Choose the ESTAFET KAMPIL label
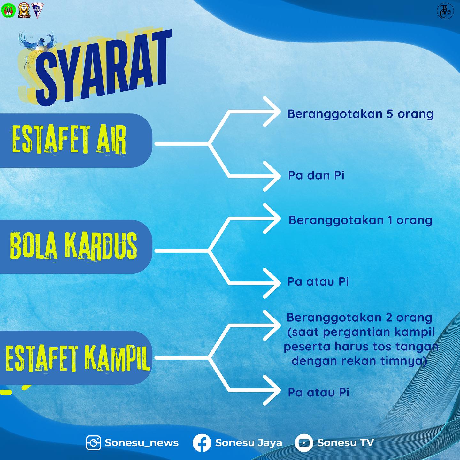(78, 357)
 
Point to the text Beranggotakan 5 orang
(360, 114)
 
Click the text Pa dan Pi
(316, 175)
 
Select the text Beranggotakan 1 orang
(360, 220)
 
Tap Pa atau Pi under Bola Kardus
(318, 282)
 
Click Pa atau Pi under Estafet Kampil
(318, 392)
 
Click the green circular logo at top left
(8, 10)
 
